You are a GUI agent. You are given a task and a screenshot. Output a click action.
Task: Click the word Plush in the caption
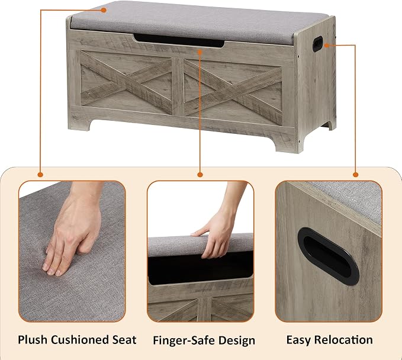33,340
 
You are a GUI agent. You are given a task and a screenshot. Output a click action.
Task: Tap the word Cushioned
80,340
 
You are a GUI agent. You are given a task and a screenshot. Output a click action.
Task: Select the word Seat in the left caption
124,340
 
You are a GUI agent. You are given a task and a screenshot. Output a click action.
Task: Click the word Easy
298,340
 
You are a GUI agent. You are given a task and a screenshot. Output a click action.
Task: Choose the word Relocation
343,340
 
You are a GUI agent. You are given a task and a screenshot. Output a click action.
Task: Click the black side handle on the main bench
318,44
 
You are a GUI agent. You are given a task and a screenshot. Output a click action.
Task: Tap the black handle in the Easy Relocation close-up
329,256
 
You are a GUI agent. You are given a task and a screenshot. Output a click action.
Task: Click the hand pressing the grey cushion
75,231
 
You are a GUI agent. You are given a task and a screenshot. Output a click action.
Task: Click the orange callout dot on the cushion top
104,10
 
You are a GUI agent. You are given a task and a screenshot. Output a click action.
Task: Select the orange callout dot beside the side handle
327,46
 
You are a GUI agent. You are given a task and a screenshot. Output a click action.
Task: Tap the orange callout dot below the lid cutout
200,52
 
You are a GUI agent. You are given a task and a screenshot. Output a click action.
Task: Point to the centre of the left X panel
126,82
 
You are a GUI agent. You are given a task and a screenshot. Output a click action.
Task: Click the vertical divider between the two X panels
178,86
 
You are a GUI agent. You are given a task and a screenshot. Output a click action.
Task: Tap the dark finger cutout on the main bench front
179,40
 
